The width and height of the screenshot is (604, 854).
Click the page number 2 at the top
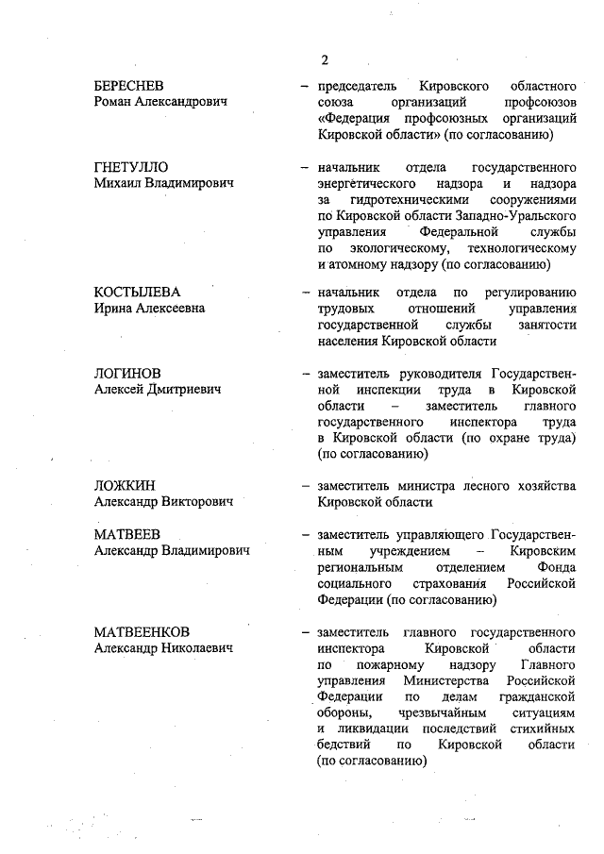click(324, 61)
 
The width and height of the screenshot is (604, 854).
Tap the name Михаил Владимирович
click(163, 183)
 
